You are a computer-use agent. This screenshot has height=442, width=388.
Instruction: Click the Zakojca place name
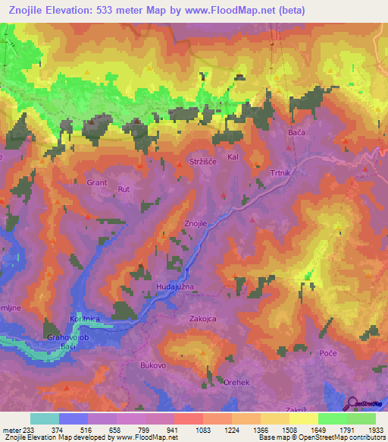pos(203,319)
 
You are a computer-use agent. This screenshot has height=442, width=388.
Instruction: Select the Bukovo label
pos(153,365)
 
